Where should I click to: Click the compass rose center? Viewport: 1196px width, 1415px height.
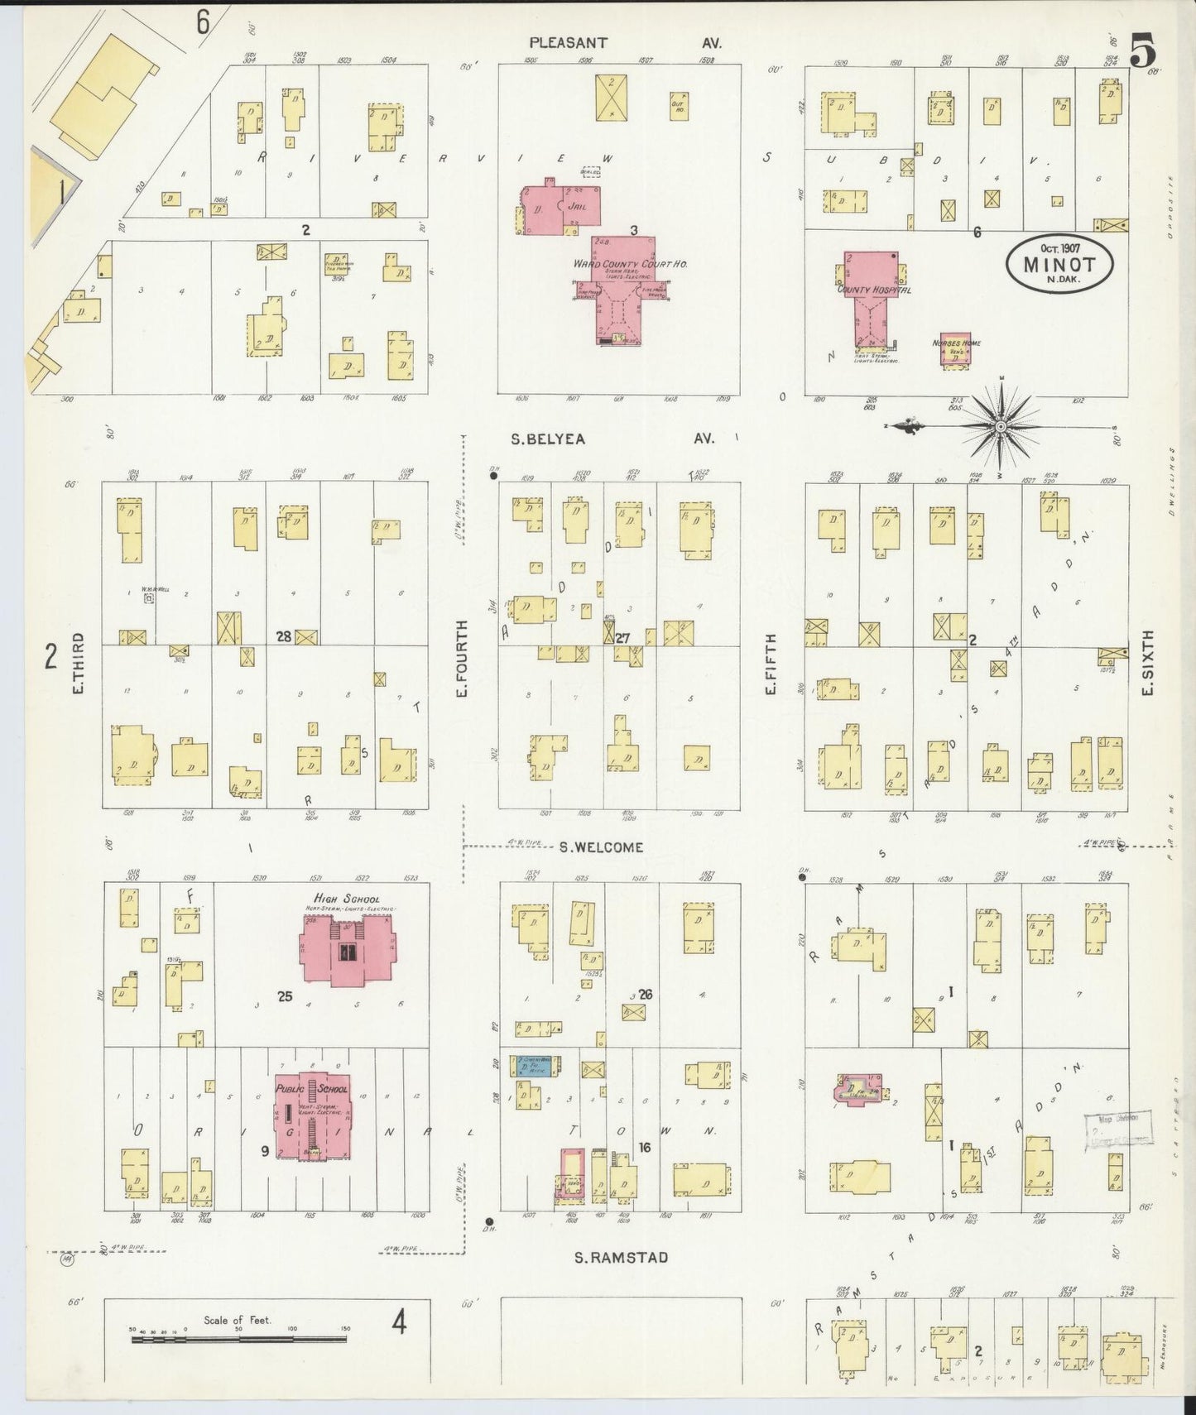click(1000, 427)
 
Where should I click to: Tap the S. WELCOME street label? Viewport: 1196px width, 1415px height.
click(600, 847)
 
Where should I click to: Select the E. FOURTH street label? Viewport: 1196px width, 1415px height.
click(462, 659)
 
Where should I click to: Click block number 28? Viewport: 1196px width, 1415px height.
click(284, 636)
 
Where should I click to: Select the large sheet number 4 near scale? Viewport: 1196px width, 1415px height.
click(400, 1325)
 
